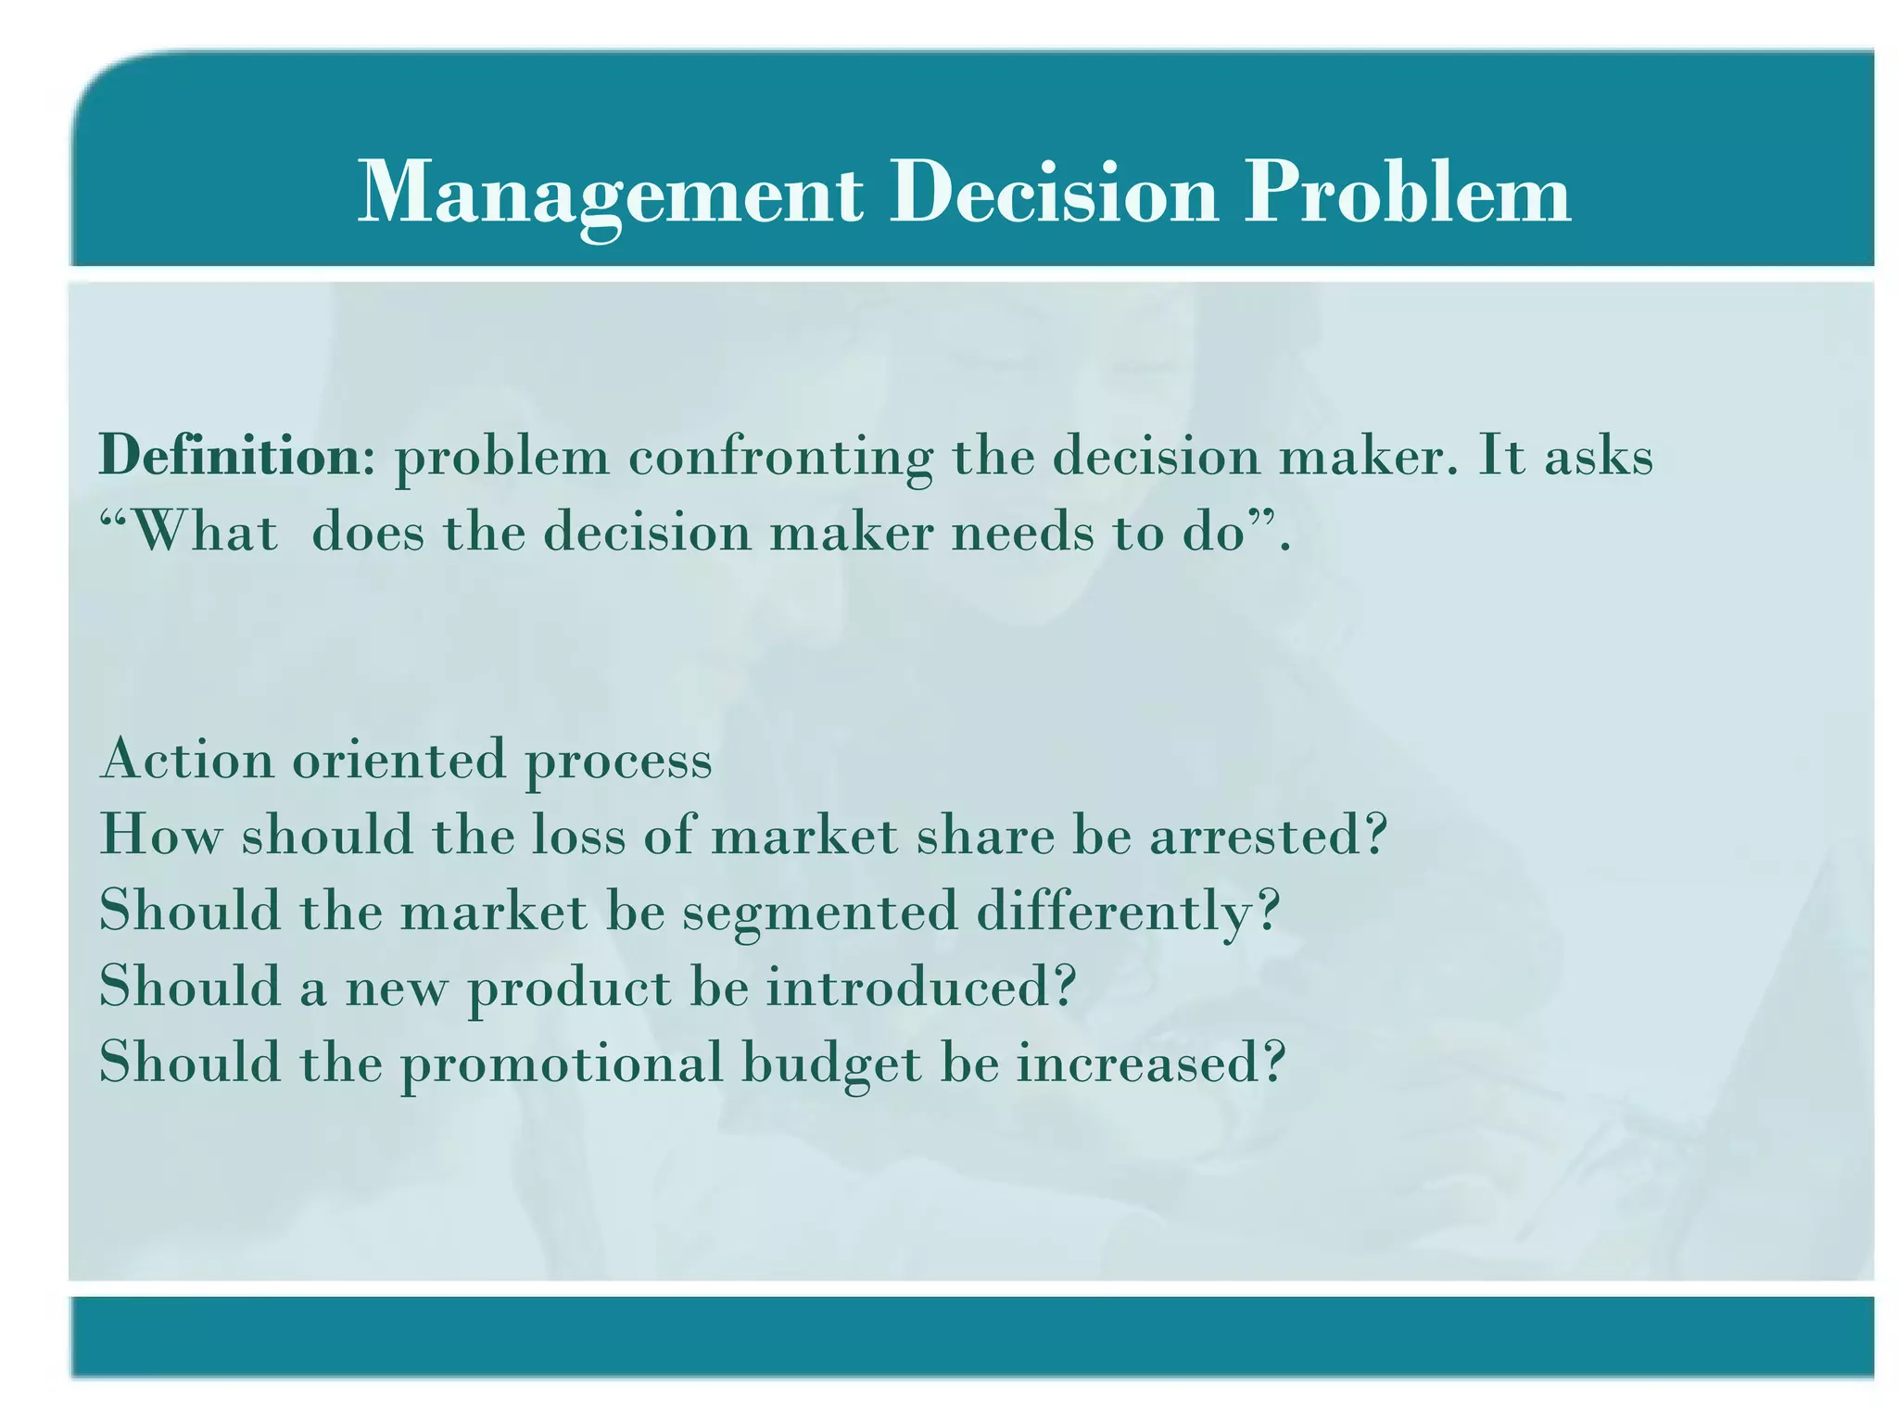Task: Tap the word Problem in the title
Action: pyautogui.click(x=1406, y=193)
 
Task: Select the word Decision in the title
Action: pyautogui.click(x=1053, y=193)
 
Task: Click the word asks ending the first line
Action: pyautogui.click(x=1598, y=456)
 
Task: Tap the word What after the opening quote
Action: pyautogui.click(x=205, y=533)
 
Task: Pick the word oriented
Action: pyautogui.click(x=399, y=760)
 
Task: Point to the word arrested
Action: pyautogui.click(x=1268, y=835)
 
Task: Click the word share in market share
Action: pyautogui.click(x=986, y=835)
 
